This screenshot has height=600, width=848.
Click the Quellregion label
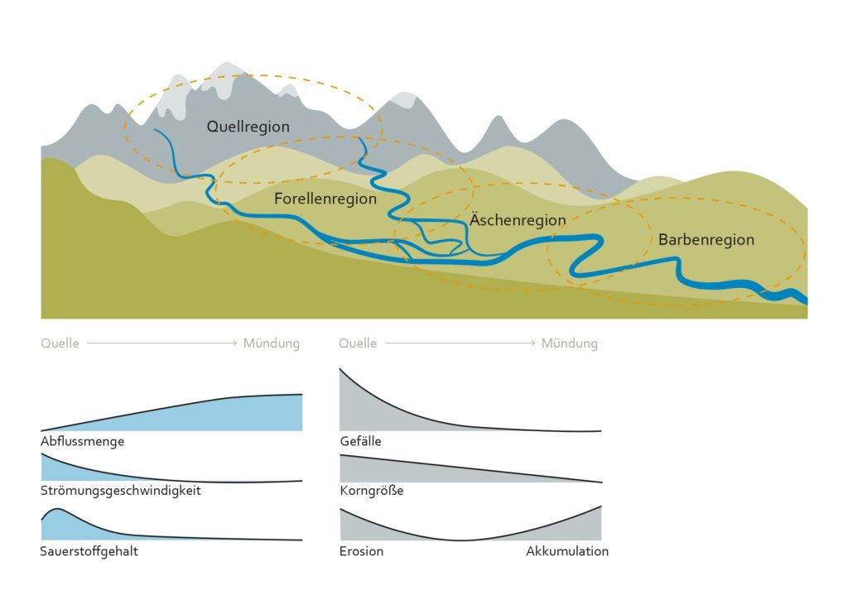click(248, 127)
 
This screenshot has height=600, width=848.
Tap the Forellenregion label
click(325, 199)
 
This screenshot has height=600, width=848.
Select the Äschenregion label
click(518, 220)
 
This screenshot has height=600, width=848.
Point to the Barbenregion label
click(706, 240)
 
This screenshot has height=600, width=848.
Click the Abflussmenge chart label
click(82, 441)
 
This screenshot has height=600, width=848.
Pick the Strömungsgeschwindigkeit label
click(121, 490)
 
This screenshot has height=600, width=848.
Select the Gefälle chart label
click(360, 441)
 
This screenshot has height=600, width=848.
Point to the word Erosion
click(361, 551)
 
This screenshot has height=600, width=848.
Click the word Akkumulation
click(566, 551)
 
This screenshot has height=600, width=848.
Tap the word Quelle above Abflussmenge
click(60, 343)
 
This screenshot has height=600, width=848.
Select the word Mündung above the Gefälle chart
click(569, 343)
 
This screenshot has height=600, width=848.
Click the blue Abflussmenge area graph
click(232, 414)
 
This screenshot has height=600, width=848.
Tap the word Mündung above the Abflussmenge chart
click(271, 343)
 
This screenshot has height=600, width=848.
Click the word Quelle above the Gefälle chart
click(358, 343)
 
